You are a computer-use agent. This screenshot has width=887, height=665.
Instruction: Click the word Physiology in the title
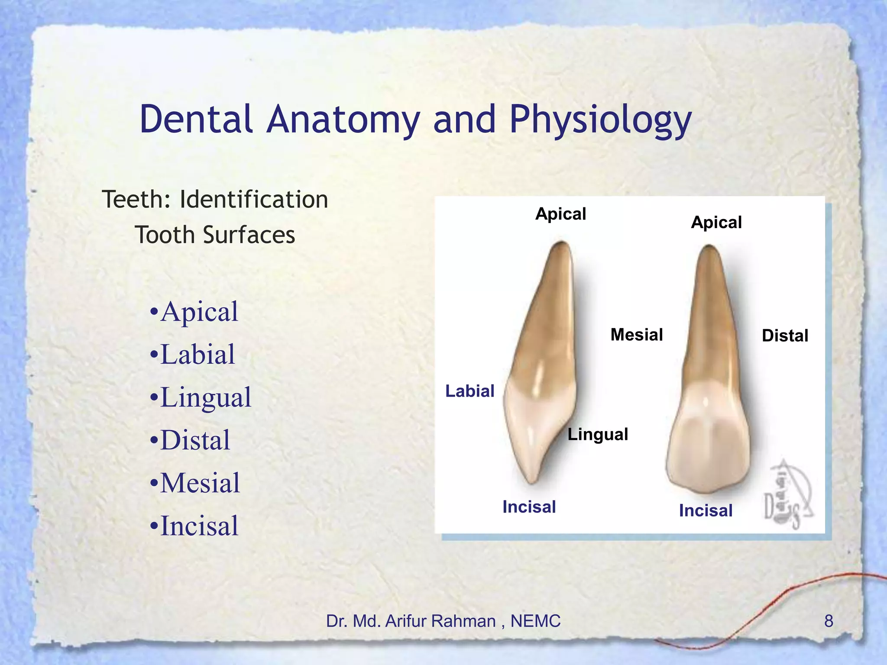click(600, 119)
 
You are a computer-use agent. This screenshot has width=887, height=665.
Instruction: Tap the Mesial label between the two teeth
click(637, 335)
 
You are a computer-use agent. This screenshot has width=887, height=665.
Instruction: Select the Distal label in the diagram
click(785, 336)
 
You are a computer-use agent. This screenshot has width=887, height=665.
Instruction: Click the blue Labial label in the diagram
click(470, 391)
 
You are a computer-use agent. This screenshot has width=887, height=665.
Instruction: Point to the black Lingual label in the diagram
click(598, 434)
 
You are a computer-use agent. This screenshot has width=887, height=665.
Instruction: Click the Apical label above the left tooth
click(560, 214)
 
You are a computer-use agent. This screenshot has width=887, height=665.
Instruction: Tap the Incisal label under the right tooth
click(706, 510)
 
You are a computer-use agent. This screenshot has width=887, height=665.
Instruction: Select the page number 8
click(828, 621)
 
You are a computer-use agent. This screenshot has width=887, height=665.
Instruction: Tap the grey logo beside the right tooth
click(787, 496)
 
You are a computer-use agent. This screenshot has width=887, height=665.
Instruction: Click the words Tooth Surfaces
click(215, 235)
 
